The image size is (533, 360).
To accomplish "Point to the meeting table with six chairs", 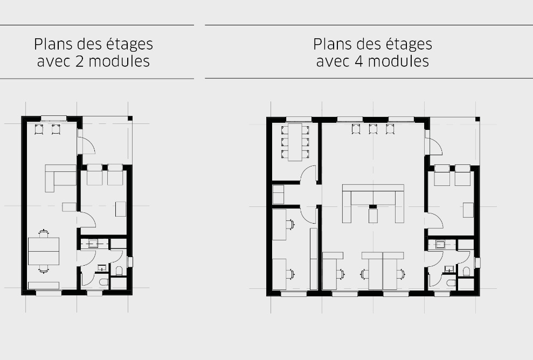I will (x=295, y=142).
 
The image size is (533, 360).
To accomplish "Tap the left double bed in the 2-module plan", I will (x=95, y=175).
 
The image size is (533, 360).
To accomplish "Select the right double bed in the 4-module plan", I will (x=463, y=176).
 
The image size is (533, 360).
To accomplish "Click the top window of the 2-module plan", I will (x=53, y=119).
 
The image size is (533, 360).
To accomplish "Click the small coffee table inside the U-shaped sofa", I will (x=373, y=216).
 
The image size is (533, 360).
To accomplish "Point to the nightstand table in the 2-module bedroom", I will (x=120, y=209).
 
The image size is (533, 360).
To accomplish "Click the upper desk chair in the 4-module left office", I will (x=292, y=223).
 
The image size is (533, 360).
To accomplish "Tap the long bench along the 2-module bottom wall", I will (x=44, y=285).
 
